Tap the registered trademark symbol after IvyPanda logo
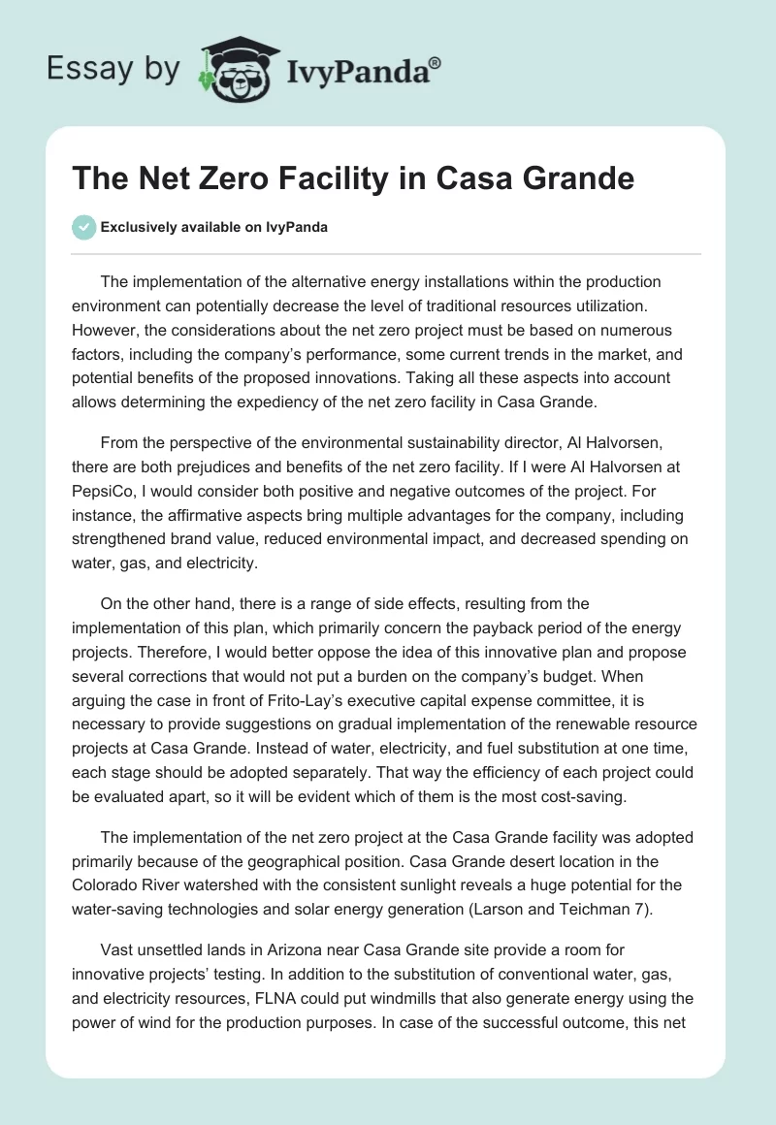click(436, 62)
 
